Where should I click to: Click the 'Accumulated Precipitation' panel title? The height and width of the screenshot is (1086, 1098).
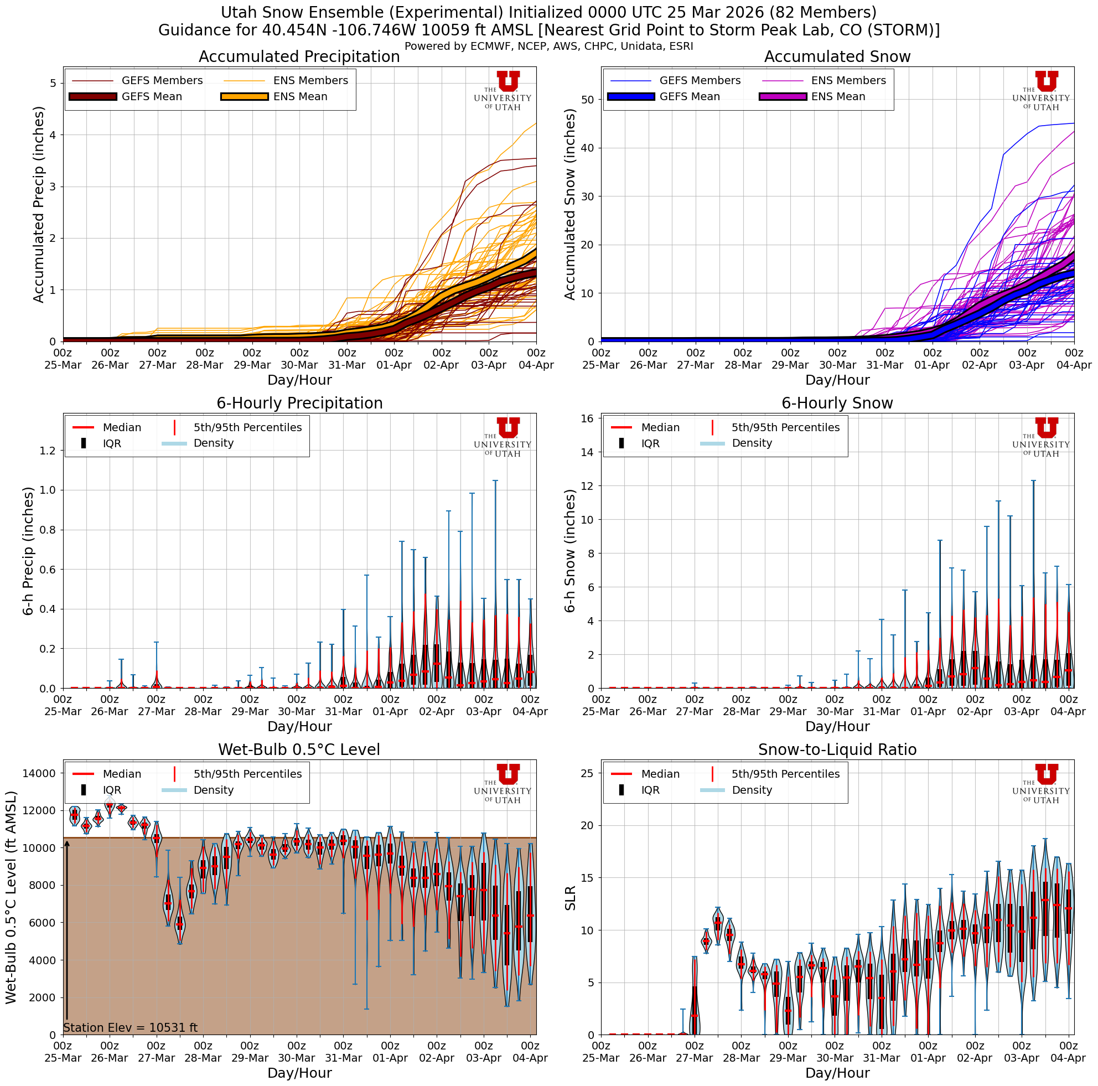(x=299, y=57)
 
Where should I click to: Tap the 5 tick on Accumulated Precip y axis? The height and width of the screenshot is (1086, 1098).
(x=53, y=84)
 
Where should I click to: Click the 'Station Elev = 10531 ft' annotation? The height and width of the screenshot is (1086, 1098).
(x=130, y=1028)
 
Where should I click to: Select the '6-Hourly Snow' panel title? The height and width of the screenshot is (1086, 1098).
(x=837, y=404)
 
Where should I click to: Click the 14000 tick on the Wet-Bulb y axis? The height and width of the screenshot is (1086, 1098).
(x=39, y=773)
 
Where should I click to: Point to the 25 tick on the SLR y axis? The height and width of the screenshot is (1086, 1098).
(x=588, y=773)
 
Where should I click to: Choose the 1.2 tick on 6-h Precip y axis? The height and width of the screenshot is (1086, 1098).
(x=49, y=451)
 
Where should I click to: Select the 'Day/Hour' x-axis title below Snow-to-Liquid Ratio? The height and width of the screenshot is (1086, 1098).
(x=837, y=1073)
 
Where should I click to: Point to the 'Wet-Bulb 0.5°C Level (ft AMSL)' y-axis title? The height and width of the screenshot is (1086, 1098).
(x=12, y=897)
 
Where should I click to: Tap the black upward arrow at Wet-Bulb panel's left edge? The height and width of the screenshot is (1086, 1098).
(x=66, y=932)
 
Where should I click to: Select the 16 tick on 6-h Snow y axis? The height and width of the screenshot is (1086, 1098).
(x=588, y=419)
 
